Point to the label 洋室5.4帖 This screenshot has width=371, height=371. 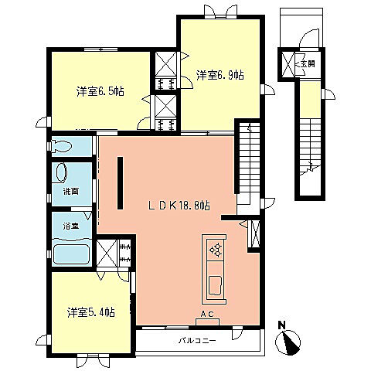coord(90,311)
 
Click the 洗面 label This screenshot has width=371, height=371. coord(59,191)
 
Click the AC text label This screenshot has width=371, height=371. coord(207,315)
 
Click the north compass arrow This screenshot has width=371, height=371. coord(291,341)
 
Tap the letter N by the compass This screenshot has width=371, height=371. coord(282,325)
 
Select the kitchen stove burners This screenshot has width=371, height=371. coord(215,249)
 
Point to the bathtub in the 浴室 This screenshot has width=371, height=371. coord(71,253)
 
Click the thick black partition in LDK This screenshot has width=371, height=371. coord(120,182)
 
